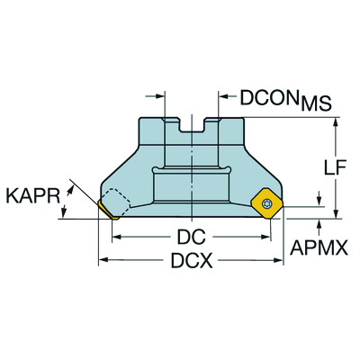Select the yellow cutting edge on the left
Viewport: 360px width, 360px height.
pos(108,211)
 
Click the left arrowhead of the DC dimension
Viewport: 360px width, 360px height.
pos(117,238)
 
